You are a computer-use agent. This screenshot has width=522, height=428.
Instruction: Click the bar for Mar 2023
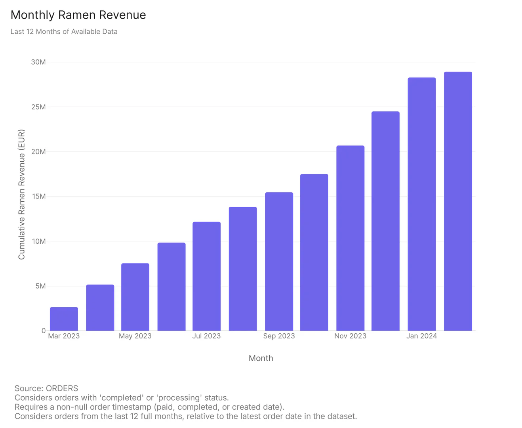(64, 319)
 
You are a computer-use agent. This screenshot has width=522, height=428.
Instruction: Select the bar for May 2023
(135, 297)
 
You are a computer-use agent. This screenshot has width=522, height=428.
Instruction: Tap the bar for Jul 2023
(206, 276)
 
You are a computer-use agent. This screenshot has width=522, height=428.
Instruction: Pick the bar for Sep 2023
(279, 262)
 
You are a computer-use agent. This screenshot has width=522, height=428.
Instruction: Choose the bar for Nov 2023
(350, 238)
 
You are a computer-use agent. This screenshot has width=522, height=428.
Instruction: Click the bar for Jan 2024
(421, 204)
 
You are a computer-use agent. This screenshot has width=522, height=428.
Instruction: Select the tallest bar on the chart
(458, 201)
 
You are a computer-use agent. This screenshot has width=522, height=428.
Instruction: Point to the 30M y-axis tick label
(38, 62)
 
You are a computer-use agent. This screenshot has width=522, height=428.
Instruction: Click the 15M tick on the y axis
(38, 197)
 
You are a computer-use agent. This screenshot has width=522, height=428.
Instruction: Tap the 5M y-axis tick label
(40, 286)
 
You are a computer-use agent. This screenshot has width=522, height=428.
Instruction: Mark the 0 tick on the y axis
(44, 331)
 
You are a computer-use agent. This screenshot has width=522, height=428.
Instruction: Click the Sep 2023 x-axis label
(279, 336)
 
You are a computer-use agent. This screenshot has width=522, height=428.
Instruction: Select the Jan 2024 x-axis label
(421, 336)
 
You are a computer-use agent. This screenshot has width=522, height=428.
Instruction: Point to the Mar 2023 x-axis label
(64, 336)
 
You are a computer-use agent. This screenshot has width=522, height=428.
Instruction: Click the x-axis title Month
(261, 358)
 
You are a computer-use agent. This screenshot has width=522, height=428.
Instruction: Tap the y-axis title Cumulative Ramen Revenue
(21, 195)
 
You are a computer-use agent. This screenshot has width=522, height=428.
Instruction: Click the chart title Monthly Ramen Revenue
(78, 15)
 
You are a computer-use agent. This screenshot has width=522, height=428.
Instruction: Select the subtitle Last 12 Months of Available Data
(64, 32)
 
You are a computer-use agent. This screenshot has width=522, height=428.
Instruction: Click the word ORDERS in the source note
(62, 388)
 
